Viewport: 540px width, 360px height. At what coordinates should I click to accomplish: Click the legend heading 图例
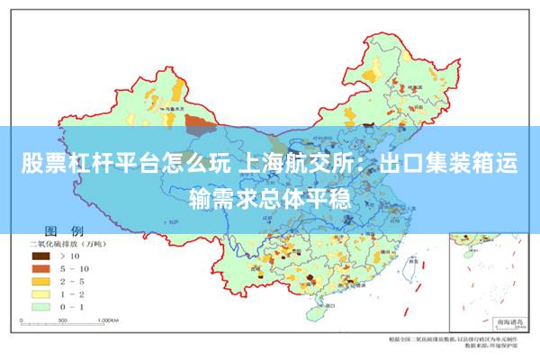64,230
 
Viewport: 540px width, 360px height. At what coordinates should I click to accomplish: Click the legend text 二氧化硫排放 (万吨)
68,243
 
